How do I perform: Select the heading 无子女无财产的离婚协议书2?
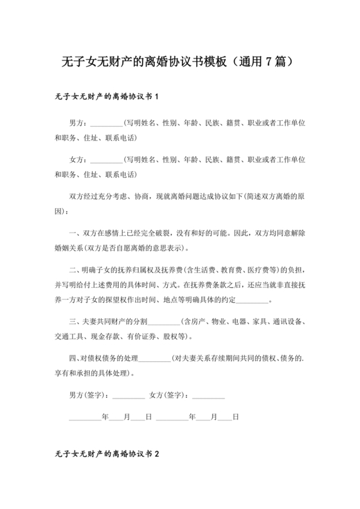(107, 453)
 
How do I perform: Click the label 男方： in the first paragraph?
(78, 122)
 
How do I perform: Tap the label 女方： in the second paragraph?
(78, 158)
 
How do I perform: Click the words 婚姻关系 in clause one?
(69, 247)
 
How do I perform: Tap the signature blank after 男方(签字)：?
(129, 394)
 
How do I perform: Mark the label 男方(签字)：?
(90, 394)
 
